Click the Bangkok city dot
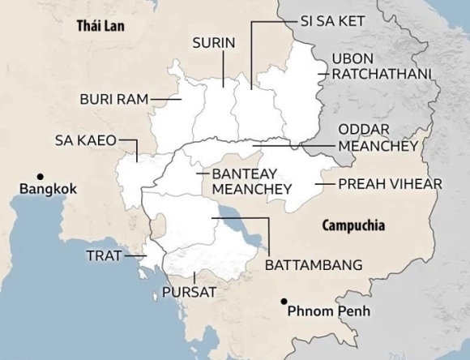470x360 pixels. [x=39, y=176]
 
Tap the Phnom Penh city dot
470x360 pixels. [x=283, y=302]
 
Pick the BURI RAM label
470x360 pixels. [x=113, y=99]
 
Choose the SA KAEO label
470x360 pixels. [x=85, y=139]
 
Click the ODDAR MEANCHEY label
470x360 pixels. [x=377, y=138]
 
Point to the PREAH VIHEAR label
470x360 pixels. [x=390, y=184]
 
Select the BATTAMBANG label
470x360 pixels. [x=314, y=265]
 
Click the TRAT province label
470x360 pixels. [x=103, y=255]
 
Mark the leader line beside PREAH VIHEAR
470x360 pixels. [x=324, y=184]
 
